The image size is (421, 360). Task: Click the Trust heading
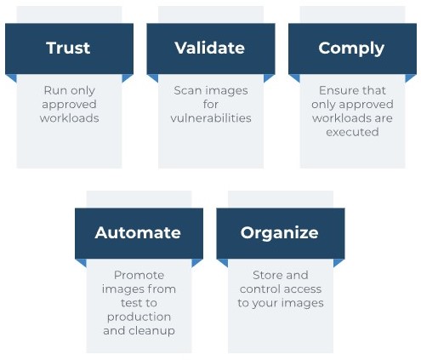(68, 48)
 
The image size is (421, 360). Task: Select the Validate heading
(210, 48)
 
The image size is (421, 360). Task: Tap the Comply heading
(351, 49)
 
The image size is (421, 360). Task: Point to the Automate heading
(138, 232)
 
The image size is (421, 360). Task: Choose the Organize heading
(280, 233)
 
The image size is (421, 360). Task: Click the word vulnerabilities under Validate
(211, 118)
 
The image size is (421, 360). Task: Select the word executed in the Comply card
(352, 132)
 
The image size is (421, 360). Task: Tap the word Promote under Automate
(139, 275)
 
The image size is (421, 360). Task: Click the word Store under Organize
(266, 275)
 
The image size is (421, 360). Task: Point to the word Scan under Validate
(187, 91)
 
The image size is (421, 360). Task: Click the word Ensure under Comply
(337, 91)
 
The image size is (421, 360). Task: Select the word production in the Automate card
(139, 317)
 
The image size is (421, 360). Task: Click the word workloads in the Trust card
(70, 118)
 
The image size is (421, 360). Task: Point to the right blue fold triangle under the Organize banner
(338, 262)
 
